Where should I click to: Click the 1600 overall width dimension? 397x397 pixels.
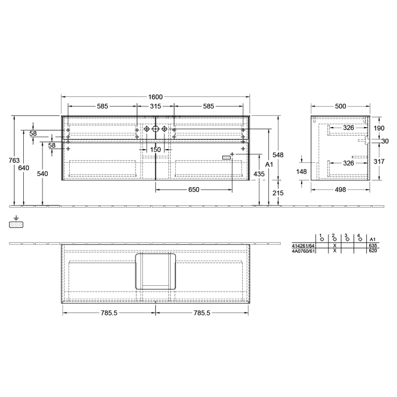click(156, 96)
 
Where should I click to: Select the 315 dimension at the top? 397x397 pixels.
click(155, 106)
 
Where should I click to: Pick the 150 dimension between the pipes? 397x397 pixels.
click(155, 150)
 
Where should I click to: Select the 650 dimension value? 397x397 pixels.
click(193, 190)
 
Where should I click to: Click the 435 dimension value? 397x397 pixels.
click(259, 174)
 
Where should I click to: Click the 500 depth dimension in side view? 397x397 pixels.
click(341, 106)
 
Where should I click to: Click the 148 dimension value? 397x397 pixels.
click(302, 172)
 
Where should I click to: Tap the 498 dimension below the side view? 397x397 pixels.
click(341, 190)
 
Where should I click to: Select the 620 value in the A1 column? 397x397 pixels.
click(373, 251)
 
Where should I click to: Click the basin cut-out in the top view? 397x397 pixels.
click(155, 272)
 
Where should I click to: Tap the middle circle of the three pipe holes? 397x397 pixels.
click(155, 129)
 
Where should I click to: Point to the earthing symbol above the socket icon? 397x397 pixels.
click(16, 218)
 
